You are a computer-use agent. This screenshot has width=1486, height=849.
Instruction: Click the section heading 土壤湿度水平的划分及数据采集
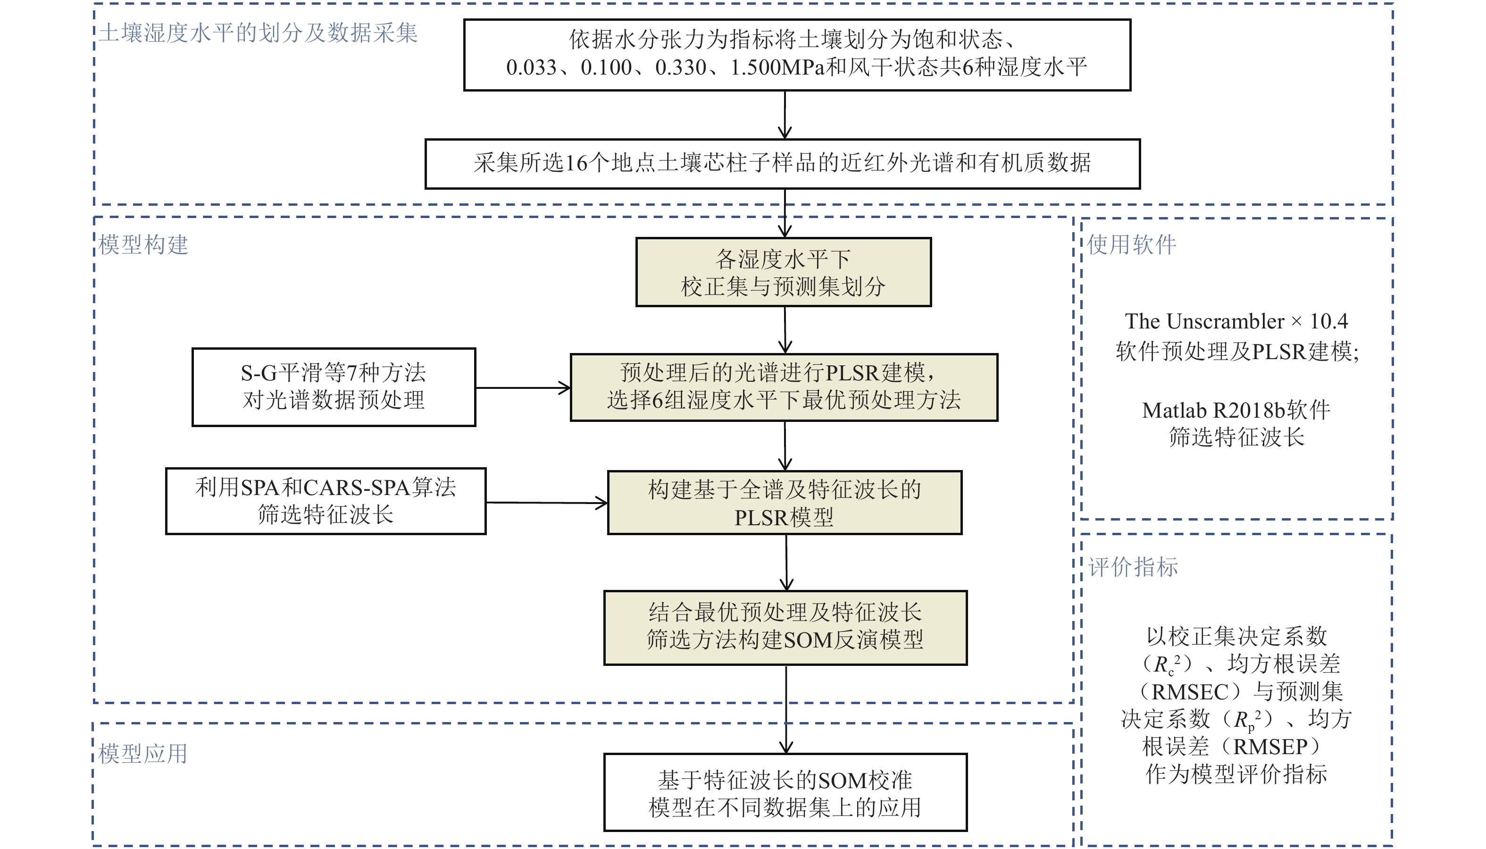tap(258, 33)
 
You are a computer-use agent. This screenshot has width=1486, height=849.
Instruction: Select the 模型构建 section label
tap(143, 245)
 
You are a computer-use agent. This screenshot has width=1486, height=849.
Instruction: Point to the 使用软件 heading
tap(1131, 245)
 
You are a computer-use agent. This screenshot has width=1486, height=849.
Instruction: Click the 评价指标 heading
tap(1133, 567)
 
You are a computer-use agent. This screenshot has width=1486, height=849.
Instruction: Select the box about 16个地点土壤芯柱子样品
tap(782, 164)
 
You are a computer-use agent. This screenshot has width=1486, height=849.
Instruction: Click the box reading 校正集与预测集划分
tap(783, 272)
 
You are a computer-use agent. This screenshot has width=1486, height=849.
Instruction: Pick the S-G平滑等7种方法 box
tap(334, 387)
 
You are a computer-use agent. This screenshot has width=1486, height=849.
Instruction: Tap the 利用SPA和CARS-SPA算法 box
tap(325, 501)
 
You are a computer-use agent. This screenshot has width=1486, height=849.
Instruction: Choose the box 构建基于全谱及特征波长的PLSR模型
tap(785, 503)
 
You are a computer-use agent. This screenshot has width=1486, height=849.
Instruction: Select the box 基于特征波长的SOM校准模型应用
tap(785, 792)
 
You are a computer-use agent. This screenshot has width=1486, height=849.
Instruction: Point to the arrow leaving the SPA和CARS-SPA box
tap(546, 503)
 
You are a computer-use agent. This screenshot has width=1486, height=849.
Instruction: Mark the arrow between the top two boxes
tap(785, 115)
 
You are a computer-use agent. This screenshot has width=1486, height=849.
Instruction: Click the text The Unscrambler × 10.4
tap(1236, 321)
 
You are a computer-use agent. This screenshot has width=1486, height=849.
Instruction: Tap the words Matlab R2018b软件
tap(1236, 411)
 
